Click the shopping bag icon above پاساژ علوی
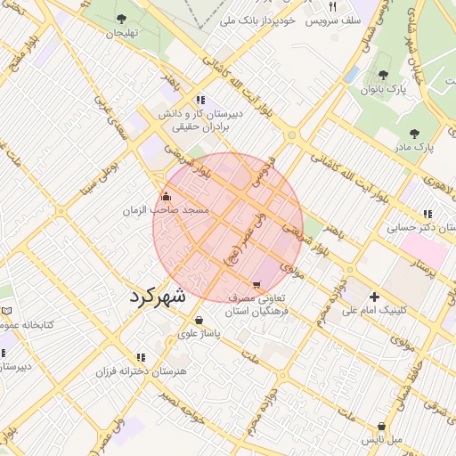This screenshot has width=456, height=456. tap(198, 320)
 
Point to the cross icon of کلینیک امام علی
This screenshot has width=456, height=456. tap(374, 297)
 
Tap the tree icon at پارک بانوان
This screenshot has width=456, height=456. tap(383, 76)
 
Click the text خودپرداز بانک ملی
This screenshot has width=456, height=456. tap(251, 20)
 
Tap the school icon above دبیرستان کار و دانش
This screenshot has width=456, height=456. tap(201, 100)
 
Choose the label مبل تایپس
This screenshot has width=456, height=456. tap(381, 440)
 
